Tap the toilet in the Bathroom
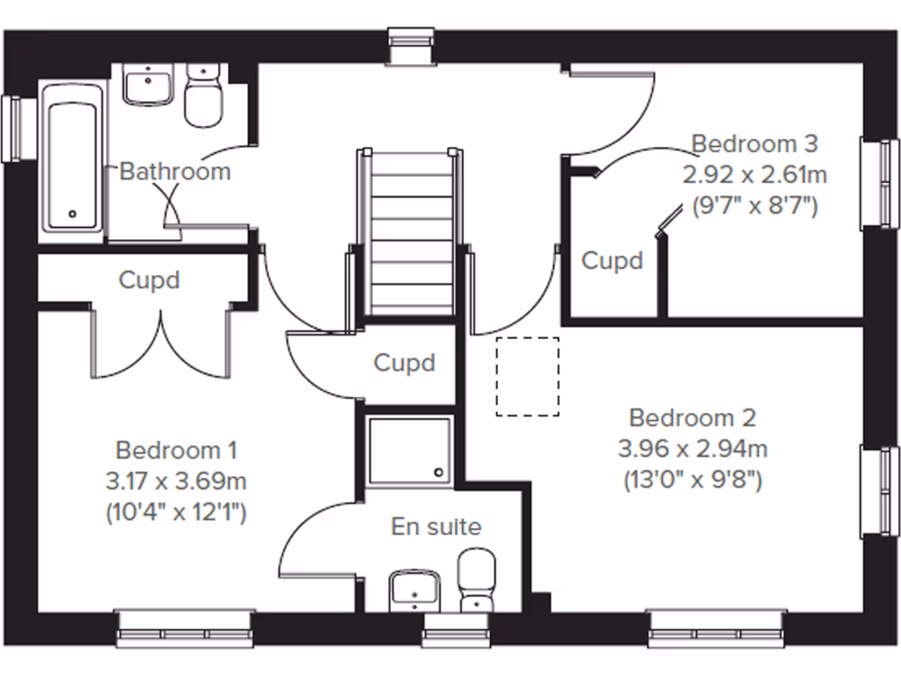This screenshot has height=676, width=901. [204, 95]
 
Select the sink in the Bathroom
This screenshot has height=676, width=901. [148, 86]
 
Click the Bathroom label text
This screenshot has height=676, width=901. [175, 171]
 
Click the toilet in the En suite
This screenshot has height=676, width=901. [478, 579]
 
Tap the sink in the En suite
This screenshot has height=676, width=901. [414, 589]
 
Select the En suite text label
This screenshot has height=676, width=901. [436, 527]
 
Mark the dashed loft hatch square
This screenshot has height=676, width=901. [528, 376]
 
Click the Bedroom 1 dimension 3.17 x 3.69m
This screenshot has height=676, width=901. [175, 481]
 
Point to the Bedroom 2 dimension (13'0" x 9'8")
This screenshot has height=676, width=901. [692, 481]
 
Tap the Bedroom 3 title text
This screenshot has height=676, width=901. [754, 143]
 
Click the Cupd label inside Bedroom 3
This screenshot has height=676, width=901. [612, 261]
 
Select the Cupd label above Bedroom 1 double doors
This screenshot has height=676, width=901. [150, 280]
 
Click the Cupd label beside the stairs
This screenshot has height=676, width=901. [405, 363]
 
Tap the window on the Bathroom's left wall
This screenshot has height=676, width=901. [11, 128]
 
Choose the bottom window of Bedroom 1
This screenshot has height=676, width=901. [186, 628]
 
